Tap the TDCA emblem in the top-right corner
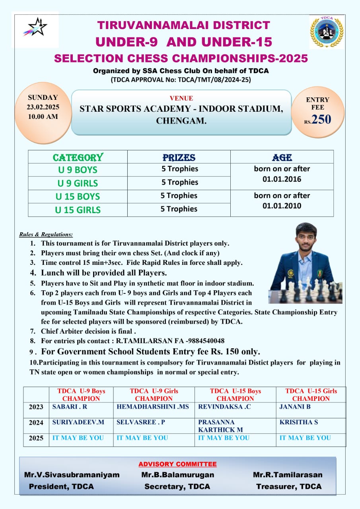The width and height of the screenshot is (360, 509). (x=327, y=32)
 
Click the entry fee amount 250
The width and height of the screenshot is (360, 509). (x=321, y=119)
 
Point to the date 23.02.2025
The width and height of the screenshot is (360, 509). (x=43, y=107)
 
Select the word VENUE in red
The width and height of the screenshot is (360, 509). (x=181, y=98)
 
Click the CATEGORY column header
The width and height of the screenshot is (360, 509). (x=78, y=157)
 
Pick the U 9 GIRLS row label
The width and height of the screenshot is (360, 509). (x=78, y=183)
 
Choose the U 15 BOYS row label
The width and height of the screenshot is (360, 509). (x=78, y=196)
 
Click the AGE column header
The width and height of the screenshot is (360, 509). (x=282, y=157)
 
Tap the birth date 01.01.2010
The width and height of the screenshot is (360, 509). (x=282, y=206)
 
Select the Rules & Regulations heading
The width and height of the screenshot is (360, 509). (x=46, y=235)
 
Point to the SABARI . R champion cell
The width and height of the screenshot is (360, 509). (x=70, y=407)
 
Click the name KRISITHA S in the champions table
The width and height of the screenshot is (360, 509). (x=299, y=422)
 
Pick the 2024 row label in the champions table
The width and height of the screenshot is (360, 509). (x=36, y=423)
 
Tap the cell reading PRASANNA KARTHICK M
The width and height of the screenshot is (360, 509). (x=220, y=425)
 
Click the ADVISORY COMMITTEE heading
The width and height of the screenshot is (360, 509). (x=177, y=464)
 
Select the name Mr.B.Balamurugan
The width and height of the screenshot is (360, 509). (x=177, y=475)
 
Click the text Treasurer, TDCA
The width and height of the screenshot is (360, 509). (x=288, y=486)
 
